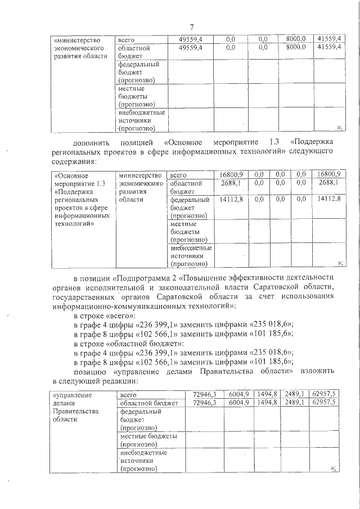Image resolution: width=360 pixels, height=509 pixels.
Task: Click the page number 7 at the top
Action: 191,28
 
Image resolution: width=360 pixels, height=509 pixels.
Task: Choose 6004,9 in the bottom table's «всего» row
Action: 238,394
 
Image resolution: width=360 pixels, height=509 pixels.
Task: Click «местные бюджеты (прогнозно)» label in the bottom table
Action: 148,440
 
